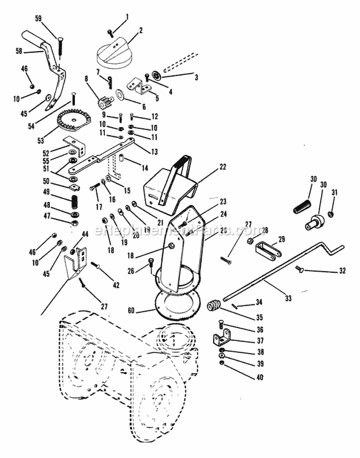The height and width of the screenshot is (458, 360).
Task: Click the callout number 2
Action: [x=141, y=30]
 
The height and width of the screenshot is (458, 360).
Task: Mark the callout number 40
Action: [x=260, y=377]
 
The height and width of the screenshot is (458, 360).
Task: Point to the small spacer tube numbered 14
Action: [x=122, y=158]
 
